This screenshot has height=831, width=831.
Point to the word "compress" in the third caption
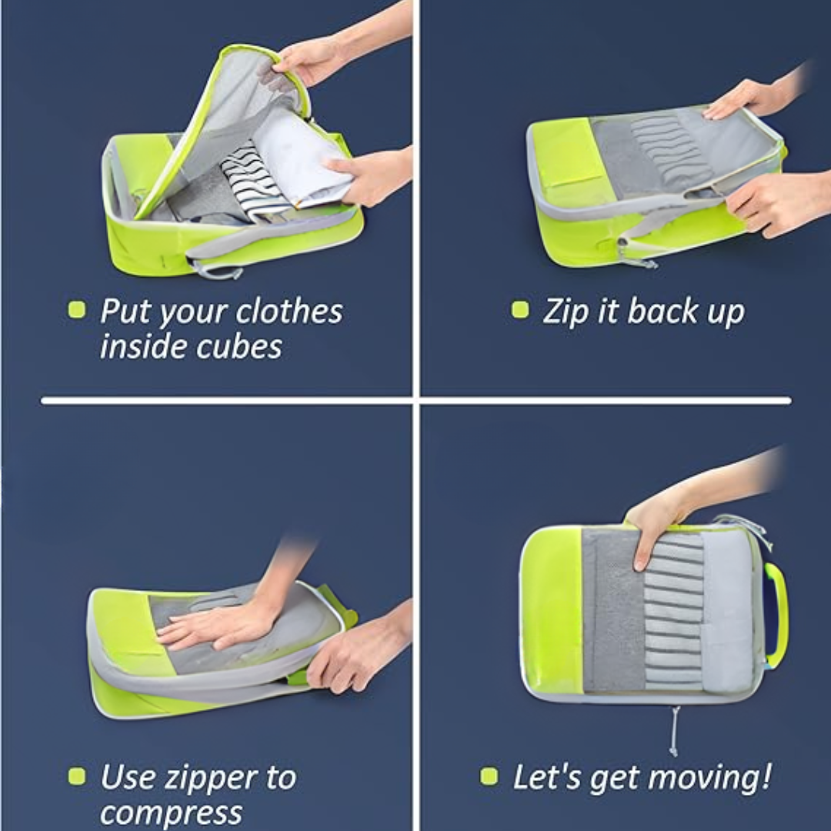(171, 813)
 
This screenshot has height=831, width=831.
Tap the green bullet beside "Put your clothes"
(76, 310)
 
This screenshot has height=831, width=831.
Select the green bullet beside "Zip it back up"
(520, 310)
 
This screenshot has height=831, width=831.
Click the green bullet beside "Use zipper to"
(76, 776)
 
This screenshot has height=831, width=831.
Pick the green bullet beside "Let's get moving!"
(489, 776)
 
